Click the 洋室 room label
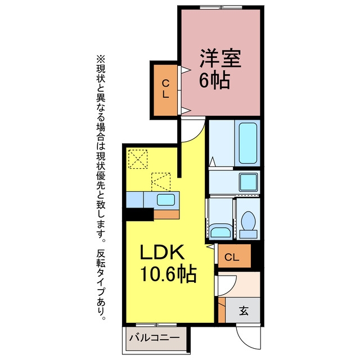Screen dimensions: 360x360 coord(220,58)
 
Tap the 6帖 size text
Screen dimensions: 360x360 coord(214,80)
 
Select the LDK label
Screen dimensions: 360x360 coord(163,251)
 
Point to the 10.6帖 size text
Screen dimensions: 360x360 coord(168,273)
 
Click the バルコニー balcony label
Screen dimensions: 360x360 coord(154,337)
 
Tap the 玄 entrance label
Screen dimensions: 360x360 coord(244,310)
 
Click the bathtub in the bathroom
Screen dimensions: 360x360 coord(247,143)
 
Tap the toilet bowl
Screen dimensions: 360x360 coord(248,221)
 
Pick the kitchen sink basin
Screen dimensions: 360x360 coord(166,200)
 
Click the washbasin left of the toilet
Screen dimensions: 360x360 coord(220,231)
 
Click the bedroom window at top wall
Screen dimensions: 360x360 coord(221,7)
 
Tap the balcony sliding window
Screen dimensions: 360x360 coord(156,325)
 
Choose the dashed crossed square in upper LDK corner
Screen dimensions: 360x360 coord(138,159)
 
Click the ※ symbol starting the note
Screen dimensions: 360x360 coord(101,59)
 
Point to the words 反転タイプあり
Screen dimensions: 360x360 coord(101,285)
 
